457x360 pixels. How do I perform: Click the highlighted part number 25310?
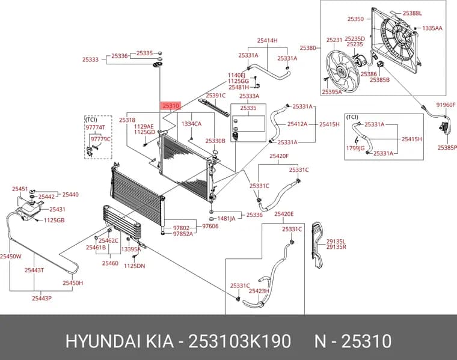171,106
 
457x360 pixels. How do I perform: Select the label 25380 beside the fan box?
308,47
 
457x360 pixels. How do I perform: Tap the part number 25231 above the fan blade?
334,40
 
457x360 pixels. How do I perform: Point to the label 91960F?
446,105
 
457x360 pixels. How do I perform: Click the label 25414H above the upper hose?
267,40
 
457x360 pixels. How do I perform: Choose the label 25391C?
216,96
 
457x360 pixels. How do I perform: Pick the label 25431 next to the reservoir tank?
57,209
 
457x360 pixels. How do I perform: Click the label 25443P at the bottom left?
41,298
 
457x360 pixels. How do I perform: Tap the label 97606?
210,226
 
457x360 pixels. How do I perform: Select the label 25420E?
284,214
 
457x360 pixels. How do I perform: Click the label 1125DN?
134,266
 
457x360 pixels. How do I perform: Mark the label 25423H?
259,291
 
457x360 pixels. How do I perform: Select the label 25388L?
412,13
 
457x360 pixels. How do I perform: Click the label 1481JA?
226,218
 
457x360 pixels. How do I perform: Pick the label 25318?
127,120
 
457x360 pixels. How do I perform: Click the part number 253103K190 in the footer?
239,341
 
